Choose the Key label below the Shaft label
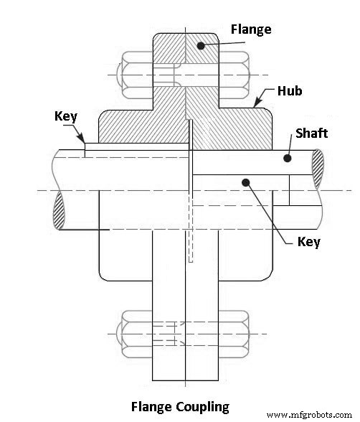click(x=309, y=241)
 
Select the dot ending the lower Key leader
click(x=245, y=182)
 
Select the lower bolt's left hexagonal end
click(x=136, y=334)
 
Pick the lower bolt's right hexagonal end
click(x=237, y=334)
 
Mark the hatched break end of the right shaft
click(x=316, y=171)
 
